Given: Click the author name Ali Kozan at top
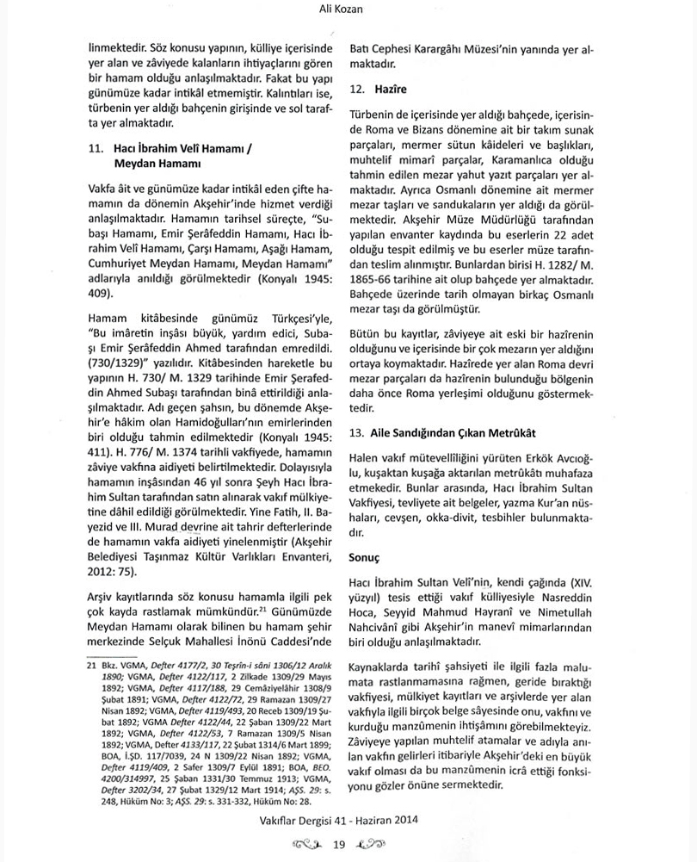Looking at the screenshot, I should [348, 10].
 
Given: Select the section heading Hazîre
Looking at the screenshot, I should [392, 89].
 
